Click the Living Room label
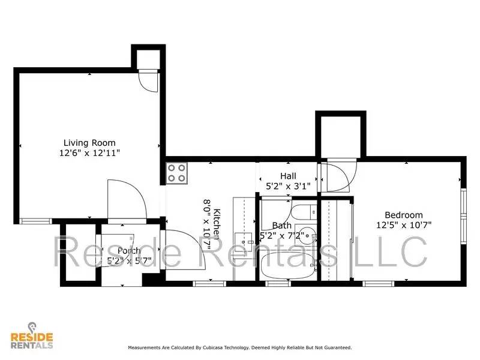(x=89, y=143)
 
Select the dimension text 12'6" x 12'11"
(x=89, y=153)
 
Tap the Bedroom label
(x=403, y=215)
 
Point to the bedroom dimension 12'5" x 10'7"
(x=403, y=225)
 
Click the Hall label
(x=288, y=176)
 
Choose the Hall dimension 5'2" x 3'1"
(x=288, y=186)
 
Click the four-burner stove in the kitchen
(x=177, y=173)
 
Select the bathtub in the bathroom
(x=286, y=266)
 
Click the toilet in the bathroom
(x=303, y=212)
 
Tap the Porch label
(x=129, y=251)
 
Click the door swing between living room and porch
(x=127, y=201)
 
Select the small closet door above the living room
(x=148, y=80)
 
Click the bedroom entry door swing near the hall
(x=338, y=177)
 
